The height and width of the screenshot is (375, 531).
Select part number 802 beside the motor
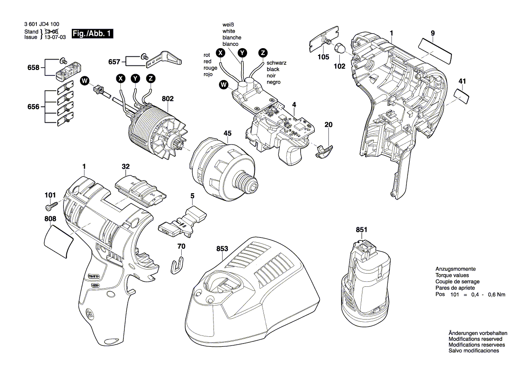click(167, 98)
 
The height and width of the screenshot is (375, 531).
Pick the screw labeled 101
click(51, 207)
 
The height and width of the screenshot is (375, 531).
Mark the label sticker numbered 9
click(436, 47)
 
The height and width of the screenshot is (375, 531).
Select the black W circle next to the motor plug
click(84, 81)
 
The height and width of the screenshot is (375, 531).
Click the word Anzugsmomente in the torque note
click(455, 269)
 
